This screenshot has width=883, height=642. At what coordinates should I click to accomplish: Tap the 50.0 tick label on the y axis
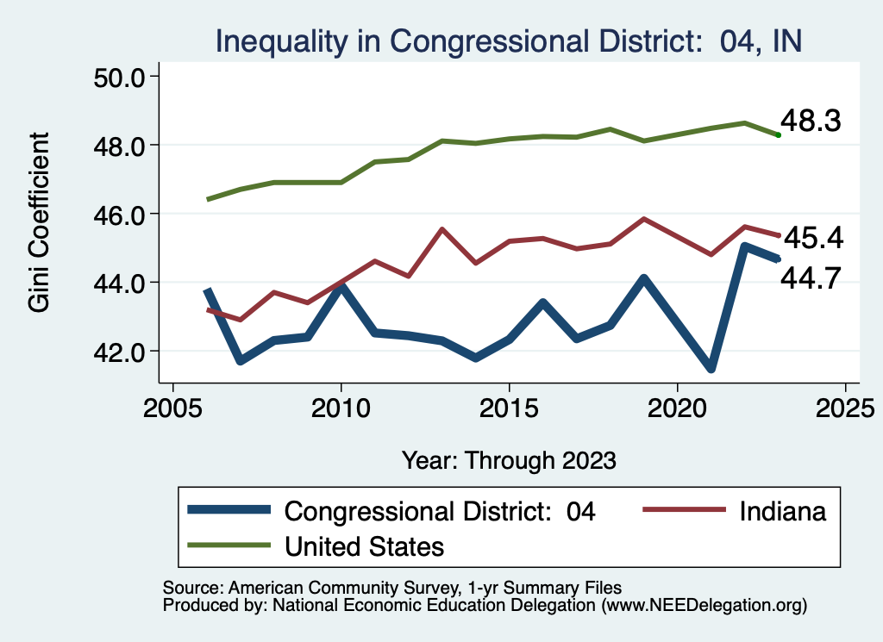121,77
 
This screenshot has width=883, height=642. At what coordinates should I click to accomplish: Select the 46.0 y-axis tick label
121,214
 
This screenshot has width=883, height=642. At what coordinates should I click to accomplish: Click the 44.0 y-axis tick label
121,283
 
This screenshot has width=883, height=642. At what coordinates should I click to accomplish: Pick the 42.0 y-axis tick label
121,351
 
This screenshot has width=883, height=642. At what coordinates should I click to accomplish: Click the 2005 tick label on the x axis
172,408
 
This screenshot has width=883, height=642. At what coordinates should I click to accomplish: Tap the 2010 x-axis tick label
341,408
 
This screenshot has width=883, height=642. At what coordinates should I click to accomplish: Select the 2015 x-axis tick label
509,408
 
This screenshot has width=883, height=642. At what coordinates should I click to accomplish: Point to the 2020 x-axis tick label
677,408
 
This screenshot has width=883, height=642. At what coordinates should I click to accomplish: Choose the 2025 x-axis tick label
845,408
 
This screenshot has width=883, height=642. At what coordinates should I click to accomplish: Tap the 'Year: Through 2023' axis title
509,460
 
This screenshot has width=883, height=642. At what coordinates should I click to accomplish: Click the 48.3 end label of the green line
810,122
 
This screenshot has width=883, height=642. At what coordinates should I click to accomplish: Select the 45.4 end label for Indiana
811,238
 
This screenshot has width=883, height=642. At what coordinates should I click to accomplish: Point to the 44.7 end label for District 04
811,277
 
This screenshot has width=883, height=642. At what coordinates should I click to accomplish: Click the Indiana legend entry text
782,511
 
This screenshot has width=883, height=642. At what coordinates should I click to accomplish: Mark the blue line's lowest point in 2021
711,369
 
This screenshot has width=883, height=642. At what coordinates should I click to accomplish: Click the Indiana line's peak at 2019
643,219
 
